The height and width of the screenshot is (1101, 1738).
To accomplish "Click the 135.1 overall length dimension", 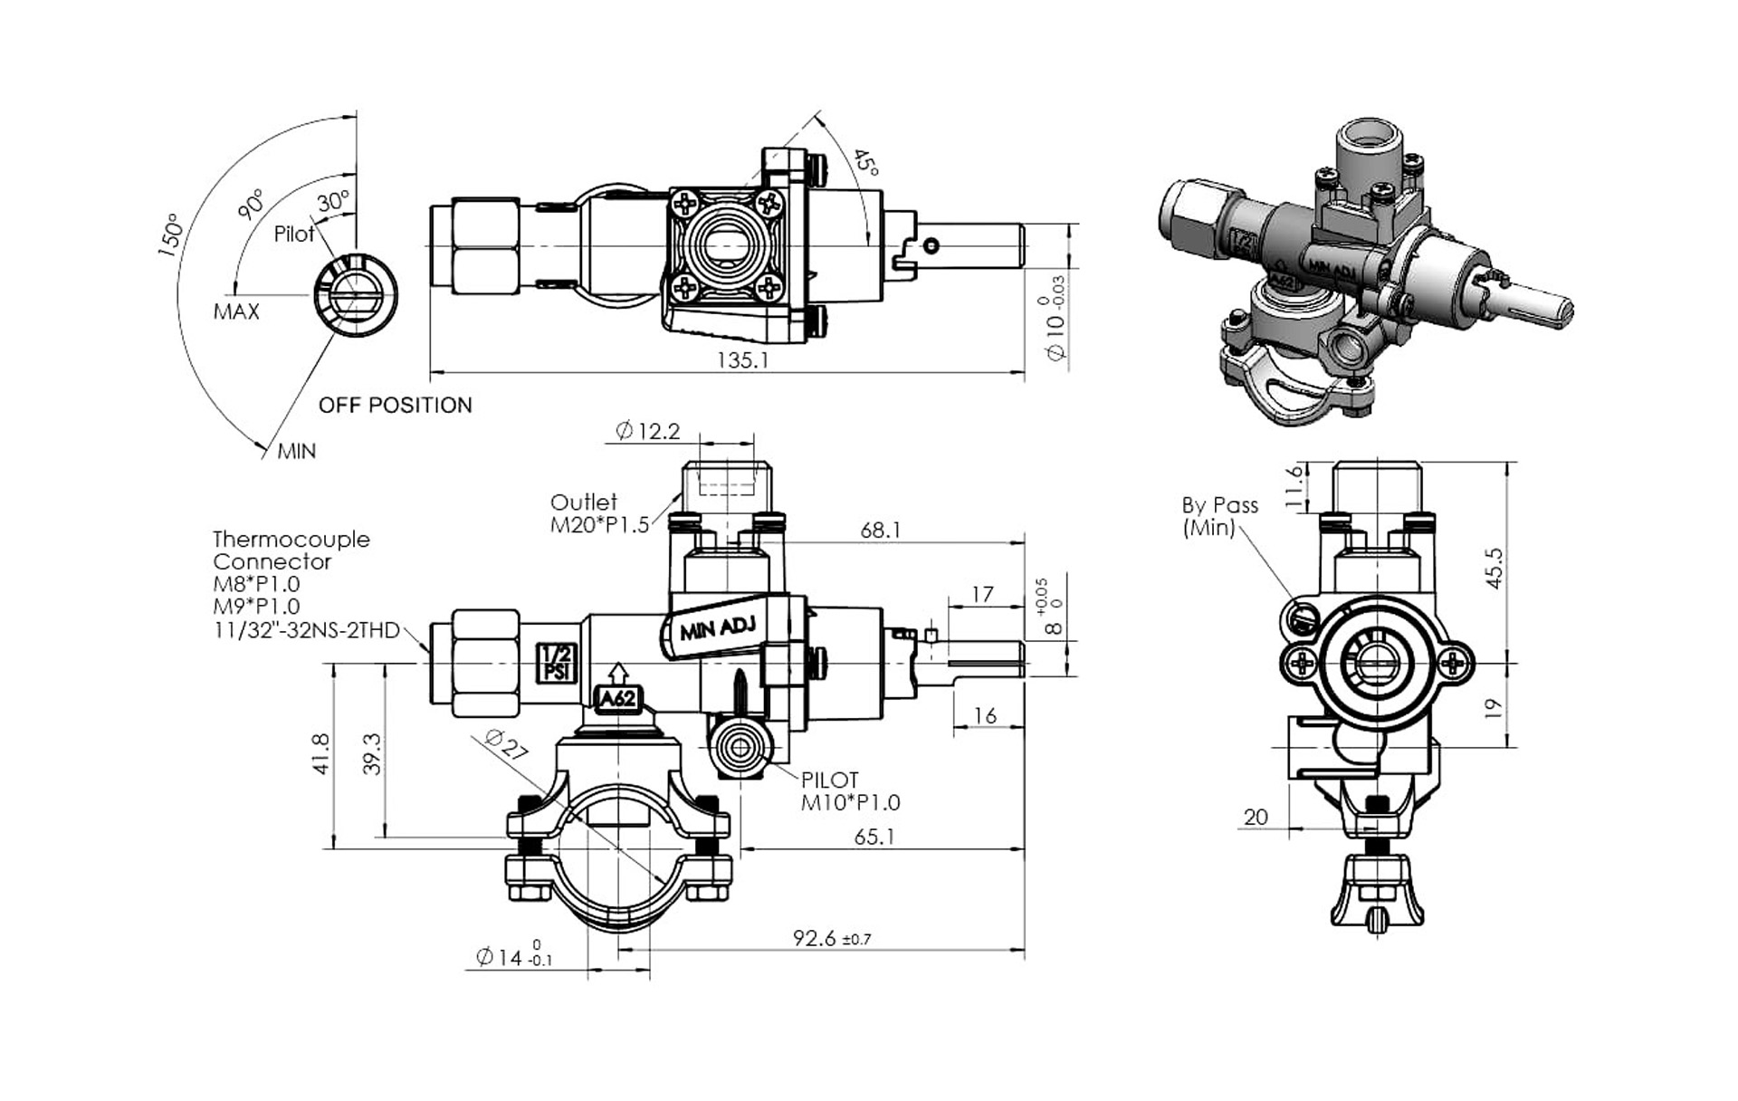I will coord(742,360).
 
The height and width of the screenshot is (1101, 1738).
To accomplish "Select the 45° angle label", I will coord(865,164).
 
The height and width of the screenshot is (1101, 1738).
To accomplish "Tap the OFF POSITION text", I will coord(395,405).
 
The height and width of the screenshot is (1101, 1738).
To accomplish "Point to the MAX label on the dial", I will coord(236,311).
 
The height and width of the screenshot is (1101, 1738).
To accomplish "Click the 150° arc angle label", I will coord(171,235).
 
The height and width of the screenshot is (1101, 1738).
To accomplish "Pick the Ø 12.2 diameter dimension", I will coord(647,431).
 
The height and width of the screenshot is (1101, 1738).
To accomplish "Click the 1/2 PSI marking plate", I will coord(553,663).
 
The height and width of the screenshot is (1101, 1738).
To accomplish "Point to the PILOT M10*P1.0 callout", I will coord(849,790).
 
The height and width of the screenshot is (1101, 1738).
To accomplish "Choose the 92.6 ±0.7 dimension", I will coord(831,938).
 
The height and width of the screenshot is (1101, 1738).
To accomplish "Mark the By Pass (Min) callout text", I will coord(1218,516).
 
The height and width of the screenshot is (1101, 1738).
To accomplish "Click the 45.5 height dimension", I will coord(1494,568).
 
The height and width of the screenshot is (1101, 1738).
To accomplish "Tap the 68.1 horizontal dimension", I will coord(880,530).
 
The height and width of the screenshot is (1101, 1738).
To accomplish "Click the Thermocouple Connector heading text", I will coord(291,550).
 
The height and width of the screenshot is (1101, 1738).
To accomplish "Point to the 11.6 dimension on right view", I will coord(1294,486).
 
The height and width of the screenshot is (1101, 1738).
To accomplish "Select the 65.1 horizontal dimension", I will coord(874,837).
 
